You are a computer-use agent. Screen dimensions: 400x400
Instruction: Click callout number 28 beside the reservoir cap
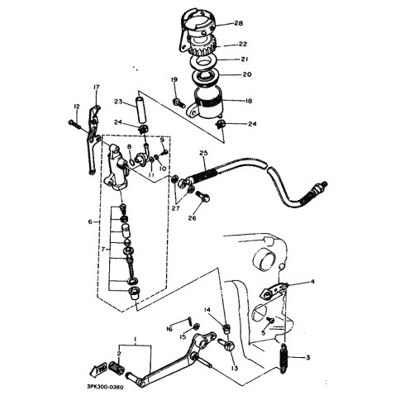point(239,23)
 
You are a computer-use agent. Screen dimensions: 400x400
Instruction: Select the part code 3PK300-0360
point(105,387)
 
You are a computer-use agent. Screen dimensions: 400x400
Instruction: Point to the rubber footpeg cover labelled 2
point(117,367)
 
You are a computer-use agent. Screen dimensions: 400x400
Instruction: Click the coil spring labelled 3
point(284,359)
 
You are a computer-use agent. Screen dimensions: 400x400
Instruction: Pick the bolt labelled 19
point(179,103)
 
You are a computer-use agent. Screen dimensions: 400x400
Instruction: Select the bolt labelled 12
point(74,125)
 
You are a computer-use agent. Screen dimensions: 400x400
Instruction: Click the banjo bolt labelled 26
point(202,196)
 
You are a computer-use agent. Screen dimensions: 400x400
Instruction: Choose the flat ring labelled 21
point(204,61)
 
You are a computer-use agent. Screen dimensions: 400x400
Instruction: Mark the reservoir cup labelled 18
point(207,102)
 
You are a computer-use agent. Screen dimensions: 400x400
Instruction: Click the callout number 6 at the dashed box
point(90,221)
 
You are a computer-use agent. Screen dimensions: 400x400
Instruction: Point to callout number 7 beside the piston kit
point(103,250)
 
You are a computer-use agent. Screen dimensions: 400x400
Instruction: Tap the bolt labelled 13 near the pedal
point(226,345)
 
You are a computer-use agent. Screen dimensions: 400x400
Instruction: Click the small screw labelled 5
point(270,320)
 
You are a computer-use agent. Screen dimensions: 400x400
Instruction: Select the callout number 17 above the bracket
point(97,88)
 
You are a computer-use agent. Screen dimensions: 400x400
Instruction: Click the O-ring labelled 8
point(131,162)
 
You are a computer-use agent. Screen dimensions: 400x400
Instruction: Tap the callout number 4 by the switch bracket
point(312,282)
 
